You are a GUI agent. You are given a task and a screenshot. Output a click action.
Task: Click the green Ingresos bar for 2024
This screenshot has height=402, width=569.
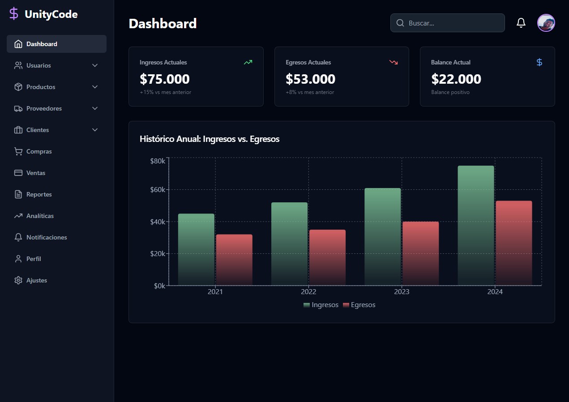476,226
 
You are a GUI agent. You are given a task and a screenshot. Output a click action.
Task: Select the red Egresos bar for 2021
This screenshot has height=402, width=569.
234,260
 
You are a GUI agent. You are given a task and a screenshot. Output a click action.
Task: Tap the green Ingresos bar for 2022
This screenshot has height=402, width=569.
289,244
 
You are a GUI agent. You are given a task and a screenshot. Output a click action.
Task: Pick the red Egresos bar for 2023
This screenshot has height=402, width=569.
421,253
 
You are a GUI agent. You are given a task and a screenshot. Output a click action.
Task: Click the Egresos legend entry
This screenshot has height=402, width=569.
359,305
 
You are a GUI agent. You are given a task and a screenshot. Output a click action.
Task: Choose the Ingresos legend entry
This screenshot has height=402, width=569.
321,305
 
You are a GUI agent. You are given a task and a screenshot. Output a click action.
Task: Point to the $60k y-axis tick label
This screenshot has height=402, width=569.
158,190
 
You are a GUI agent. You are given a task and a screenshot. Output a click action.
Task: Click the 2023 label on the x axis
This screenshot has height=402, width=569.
402,291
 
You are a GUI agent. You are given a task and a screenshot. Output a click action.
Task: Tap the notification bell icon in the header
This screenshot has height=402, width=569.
521,23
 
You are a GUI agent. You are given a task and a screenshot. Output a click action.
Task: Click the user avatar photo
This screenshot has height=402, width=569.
546,23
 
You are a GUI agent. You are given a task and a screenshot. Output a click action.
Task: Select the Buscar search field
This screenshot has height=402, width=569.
447,23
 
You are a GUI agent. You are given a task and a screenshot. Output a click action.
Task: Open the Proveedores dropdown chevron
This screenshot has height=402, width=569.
95,108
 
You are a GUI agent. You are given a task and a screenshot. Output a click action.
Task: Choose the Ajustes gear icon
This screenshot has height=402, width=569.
18,280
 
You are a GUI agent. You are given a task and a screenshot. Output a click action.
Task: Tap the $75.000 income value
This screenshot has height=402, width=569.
165,79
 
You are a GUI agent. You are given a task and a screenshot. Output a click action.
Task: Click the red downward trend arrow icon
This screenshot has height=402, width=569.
394,62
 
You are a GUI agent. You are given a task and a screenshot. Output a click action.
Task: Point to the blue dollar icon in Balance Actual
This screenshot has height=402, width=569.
539,62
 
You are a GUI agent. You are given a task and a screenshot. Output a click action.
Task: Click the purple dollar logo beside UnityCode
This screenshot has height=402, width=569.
14,13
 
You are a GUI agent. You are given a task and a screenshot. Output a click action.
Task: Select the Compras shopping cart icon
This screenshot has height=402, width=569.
18,151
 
